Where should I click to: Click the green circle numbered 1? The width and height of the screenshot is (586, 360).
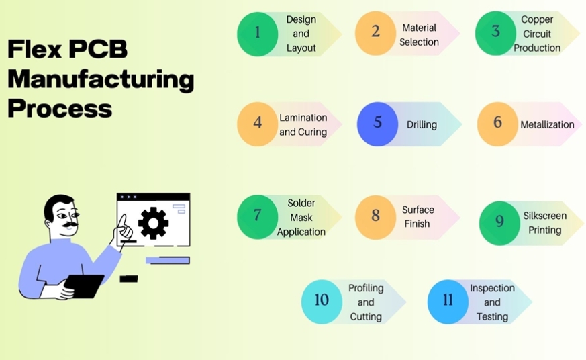(257, 34)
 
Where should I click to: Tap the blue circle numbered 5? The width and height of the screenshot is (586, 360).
(377, 124)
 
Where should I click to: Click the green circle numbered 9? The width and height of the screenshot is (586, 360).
(499, 223)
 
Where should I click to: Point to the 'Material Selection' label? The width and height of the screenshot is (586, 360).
(419, 35)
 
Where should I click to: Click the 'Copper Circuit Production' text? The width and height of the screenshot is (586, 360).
(537, 34)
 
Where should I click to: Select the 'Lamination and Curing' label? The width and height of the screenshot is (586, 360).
(303, 125)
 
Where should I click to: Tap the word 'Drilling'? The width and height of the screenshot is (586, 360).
(422, 124)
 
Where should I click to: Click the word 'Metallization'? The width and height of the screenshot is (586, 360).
(547, 124)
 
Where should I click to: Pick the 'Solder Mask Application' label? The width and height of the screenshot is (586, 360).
(301, 217)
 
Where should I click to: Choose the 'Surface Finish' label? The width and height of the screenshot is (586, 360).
(418, 217)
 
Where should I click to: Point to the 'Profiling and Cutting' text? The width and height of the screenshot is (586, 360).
(366, 302)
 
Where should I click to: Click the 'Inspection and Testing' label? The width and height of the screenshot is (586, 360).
(492, 302)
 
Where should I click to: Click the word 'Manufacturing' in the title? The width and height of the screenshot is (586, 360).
(101, 79)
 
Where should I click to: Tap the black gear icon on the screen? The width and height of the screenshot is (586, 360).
(153, 223)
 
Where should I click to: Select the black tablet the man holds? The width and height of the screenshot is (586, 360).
(84, 285)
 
